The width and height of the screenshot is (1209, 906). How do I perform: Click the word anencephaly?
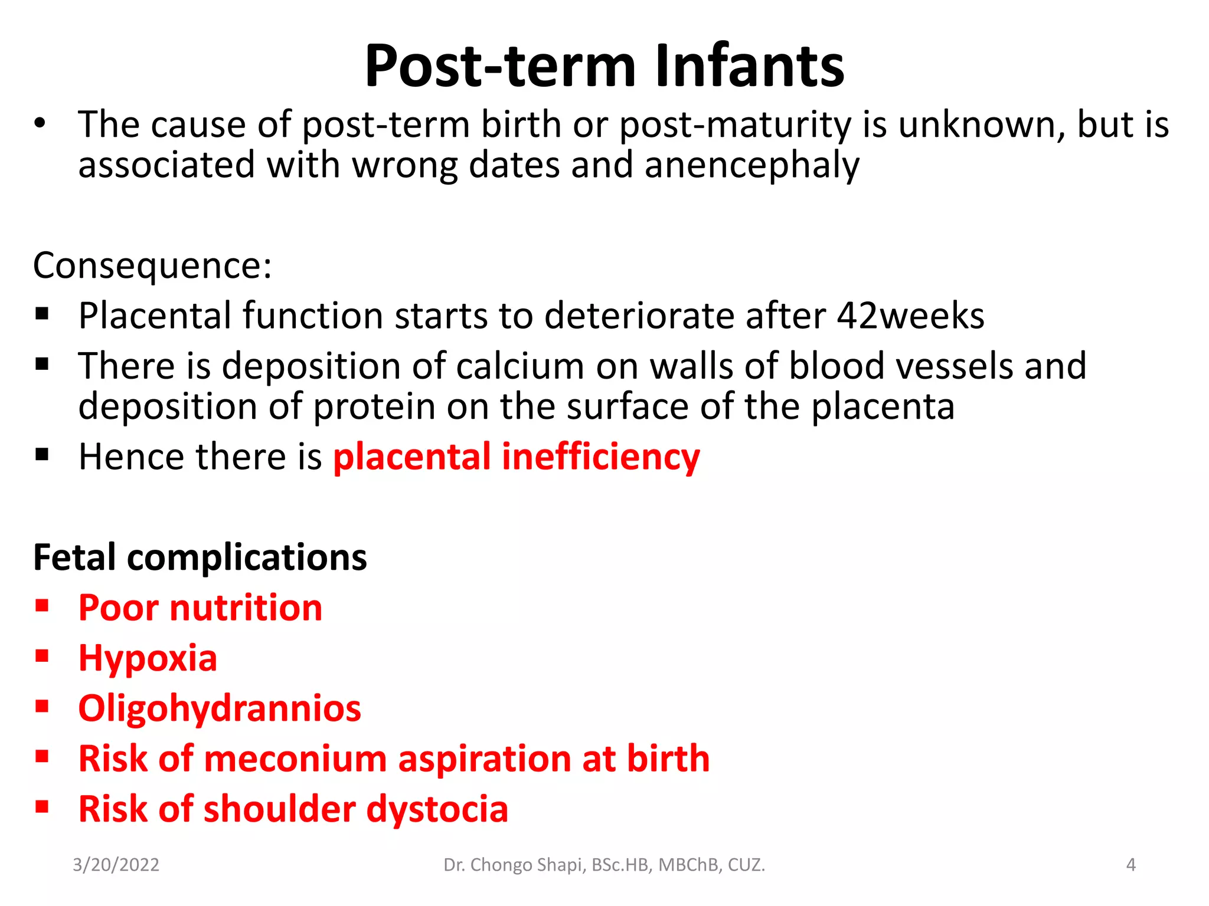click(x=751, y=166)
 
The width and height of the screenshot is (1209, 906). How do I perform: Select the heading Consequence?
click(x=152, y=266)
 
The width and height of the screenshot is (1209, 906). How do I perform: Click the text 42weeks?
click(x=910, y=316)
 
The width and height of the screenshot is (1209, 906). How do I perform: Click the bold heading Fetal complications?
click(x=200, y=557)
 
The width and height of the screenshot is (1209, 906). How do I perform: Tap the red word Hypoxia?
click(x=148, y=658)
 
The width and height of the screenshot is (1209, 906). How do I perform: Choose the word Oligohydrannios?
click(x=219, y=708)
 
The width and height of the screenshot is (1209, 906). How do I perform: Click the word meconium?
click(x=295, y=759)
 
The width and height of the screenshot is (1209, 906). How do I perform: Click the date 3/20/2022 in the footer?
click(x=116, y=865)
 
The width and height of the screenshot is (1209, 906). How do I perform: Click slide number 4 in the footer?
click(x=1130, y=865)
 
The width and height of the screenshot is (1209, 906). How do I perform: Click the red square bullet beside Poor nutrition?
click(x=42, y=606)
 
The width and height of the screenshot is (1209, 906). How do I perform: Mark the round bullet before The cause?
click(x=40, y=124)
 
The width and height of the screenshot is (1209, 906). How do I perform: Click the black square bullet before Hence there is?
click(x=42, y=455)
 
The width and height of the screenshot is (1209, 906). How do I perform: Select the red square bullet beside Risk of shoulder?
click(x=42, y=807)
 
